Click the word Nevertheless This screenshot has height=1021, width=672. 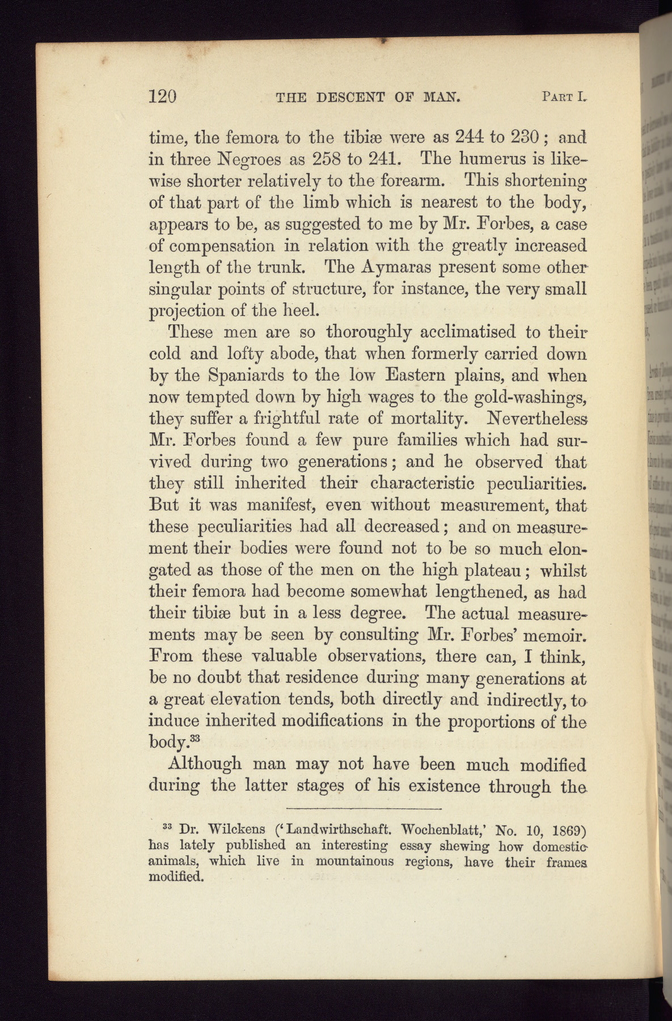click(x=536, y=419)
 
